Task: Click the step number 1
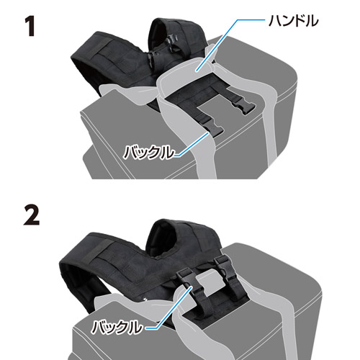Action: [30, 26]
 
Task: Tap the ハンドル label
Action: [293, 21]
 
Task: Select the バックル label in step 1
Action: [148, 152]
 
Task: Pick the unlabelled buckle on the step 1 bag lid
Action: [242, 105]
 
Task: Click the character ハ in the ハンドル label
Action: [276, 21]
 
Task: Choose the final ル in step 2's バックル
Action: [134, 328]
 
